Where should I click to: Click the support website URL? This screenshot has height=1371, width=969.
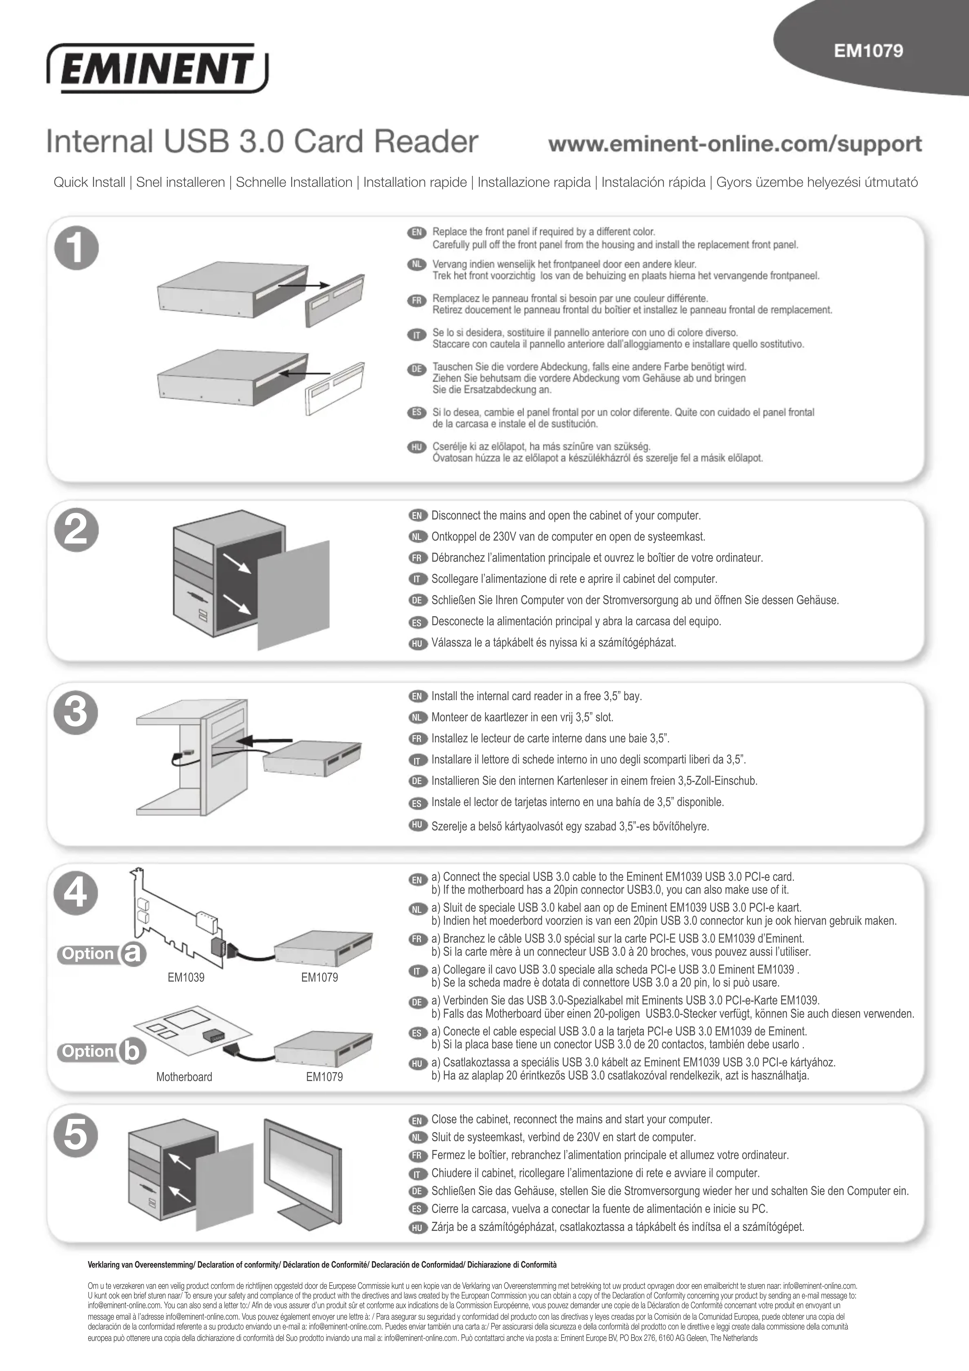735,144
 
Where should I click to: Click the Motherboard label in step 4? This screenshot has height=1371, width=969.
184,1077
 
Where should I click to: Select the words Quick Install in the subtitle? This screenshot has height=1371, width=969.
90,182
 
